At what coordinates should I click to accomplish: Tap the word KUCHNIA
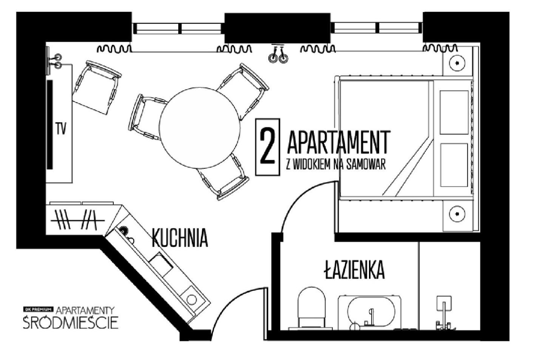180,238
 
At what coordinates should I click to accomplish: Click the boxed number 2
268,147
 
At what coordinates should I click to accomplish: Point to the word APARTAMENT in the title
339,142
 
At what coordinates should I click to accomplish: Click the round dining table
200,128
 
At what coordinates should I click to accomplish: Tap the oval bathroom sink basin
371,312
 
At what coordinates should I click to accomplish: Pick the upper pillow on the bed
454,112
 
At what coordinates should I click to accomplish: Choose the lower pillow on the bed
454,165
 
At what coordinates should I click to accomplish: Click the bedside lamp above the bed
457,63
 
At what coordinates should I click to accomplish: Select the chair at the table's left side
147,117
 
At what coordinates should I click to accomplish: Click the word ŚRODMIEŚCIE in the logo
71,323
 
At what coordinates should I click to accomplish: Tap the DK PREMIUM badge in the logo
38,309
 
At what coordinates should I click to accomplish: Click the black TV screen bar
50,125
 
